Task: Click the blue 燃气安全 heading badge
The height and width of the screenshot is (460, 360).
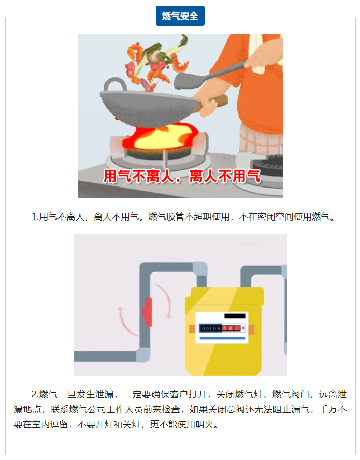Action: pos(180,16)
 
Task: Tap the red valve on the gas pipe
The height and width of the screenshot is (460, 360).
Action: pos(147,312)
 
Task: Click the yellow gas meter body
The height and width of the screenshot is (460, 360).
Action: pos(224,332)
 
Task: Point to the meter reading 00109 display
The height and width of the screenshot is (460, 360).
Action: pos(211,328)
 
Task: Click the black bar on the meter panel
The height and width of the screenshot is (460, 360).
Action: pos(235,316)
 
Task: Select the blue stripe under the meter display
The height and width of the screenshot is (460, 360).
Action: pos(222,338)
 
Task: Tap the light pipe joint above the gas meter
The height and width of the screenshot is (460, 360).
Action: pos(200,269)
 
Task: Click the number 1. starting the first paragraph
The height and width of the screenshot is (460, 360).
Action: pos(35,217)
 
